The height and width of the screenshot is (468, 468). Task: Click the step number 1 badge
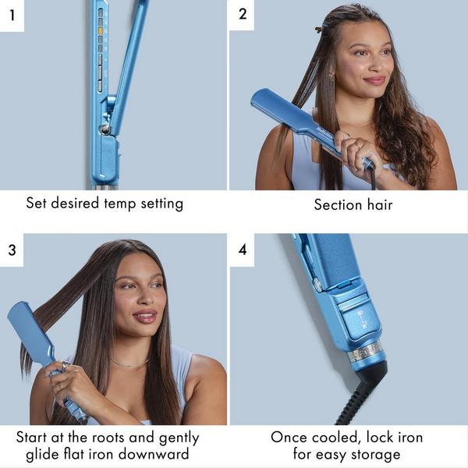point(12,15)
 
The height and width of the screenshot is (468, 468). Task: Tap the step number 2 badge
point(242,15)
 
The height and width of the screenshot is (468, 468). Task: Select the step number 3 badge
point(12,250)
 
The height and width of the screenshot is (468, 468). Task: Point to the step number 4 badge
point(242,250)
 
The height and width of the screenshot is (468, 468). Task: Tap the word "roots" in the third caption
point(110,438)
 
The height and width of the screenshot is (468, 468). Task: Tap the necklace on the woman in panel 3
point(129,363)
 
